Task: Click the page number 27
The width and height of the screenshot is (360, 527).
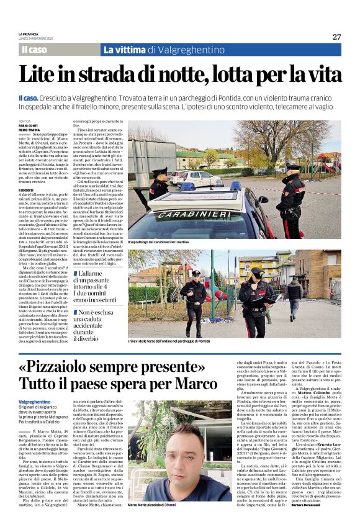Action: coord(336,37)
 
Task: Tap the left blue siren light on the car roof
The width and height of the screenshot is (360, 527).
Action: coord(187,185)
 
